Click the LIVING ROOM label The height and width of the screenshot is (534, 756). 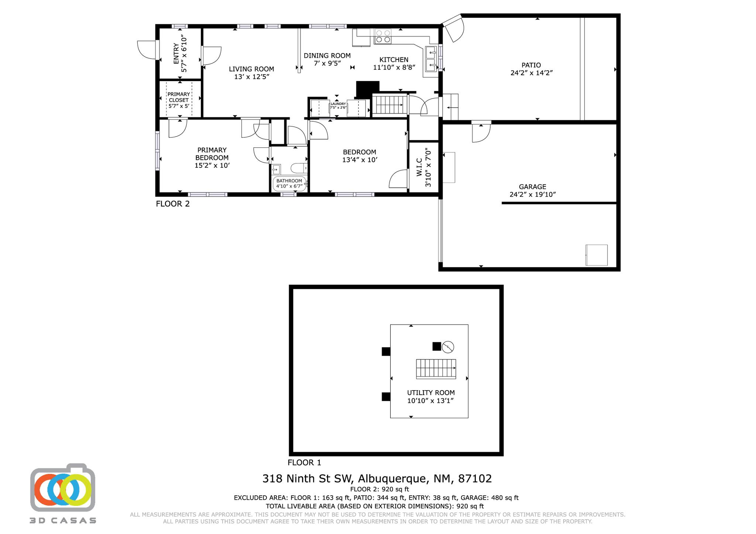[x=251, y=69]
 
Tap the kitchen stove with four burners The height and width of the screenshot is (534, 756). [x=383, y=36]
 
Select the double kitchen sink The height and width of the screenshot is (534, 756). [x=431, y=59]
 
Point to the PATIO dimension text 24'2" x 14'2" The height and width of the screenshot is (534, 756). [x=531, y=73]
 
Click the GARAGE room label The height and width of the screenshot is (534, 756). [x=532, y=187]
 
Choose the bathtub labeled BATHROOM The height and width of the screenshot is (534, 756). [x=289, y=184]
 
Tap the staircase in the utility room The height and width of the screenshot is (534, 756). [x=436, y=368]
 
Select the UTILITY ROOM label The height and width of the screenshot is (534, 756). [x=430, y=393]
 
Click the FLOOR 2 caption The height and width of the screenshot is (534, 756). [x=172, y=204]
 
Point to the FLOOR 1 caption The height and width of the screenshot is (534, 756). [x=304, y=462]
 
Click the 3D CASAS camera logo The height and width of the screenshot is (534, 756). [x=63, y=489]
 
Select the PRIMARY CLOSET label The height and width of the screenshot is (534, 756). [x=179, y=97]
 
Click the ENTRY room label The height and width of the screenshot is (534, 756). [x=176, y=53]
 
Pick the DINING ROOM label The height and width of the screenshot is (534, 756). [x=327, y=56]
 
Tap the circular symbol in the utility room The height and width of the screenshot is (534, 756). [x=448, y=347]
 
